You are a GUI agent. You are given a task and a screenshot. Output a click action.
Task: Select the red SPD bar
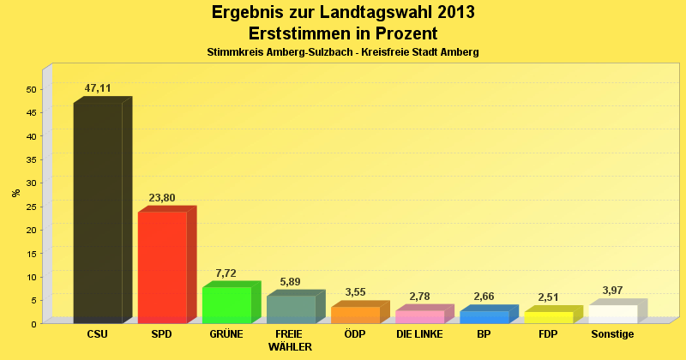pos(162,267)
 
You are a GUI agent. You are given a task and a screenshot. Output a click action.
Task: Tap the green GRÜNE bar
pos(226,304)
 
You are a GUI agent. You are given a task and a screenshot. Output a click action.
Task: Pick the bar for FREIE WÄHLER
pos(291,309)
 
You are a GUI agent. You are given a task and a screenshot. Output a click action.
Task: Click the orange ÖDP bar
pos(355,315)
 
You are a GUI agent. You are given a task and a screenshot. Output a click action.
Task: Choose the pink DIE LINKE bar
pos(419,316)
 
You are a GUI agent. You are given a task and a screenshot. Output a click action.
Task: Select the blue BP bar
pos(484,316)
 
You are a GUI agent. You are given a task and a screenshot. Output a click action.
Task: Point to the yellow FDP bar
pos(548,317)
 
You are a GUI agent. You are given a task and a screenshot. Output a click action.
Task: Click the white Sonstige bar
pos(612,314)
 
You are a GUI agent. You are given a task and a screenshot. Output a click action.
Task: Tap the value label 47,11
pos(98,88)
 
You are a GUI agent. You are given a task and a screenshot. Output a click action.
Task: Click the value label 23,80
pos(162,198)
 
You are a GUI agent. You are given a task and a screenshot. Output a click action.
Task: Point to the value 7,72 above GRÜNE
pos(226,273)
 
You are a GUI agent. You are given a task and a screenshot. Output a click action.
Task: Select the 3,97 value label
pos(612,291)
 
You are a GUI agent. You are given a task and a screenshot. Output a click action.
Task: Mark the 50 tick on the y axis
pos(31,89)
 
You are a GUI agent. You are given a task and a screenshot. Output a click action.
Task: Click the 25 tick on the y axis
pos(31,207)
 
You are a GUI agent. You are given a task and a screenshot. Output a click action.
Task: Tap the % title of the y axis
pos(15,193)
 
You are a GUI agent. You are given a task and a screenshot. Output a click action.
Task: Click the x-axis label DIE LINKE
pos(419,334)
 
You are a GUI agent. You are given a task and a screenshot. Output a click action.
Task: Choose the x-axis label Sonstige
pos(612,334)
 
